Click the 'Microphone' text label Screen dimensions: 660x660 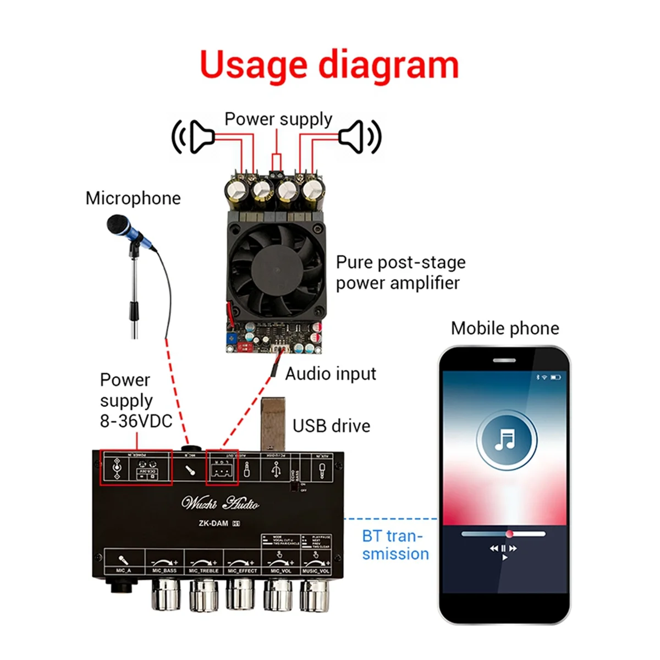click(x=133, y=199)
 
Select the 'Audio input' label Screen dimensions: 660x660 click(x=331, y=374)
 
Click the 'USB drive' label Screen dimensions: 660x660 click(x=331, y=426)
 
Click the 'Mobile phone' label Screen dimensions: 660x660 click(x=505, y=328)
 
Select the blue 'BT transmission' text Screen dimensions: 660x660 click(x=395, y=545)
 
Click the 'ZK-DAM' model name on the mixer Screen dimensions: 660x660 click(x=213, y=523)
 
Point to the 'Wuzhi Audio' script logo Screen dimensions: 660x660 click(x=220, y=503)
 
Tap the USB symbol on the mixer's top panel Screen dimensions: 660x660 click(x=276, y=469)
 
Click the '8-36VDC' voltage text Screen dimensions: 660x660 click(x=136, y=421)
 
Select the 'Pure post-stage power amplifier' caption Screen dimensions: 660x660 click(x=400, y=273)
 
